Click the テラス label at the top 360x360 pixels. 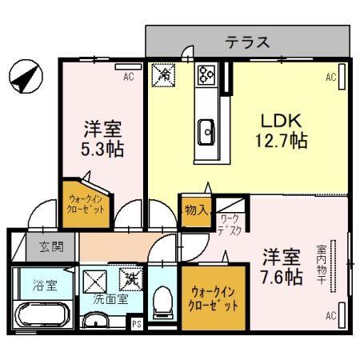click(246, 42)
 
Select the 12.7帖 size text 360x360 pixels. click(280, 142)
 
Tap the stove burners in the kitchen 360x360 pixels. click(206, 75)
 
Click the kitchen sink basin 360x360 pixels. click(206, 130)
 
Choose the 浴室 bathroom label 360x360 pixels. click(33, 286)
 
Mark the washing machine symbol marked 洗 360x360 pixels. click(128, 280)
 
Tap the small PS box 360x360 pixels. click(137, 324)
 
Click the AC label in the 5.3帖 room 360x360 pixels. click(127, 78)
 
